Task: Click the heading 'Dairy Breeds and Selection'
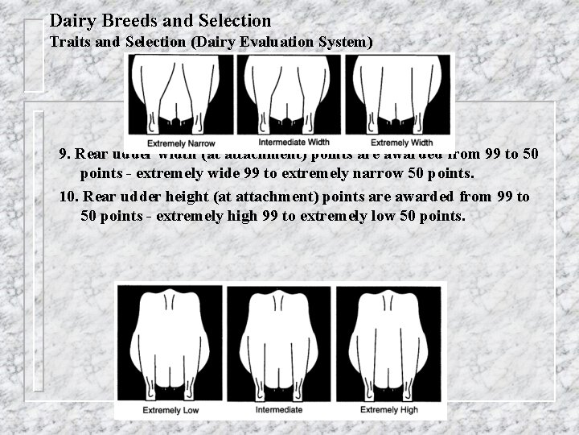pos(160,19)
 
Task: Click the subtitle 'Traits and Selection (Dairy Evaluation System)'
pos(211,41)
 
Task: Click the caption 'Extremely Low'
pos(170,410)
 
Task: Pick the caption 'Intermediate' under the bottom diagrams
pos(279,410)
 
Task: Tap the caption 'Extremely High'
pos(389,410)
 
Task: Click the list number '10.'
pos(69,197)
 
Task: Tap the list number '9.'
pos(65,154)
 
